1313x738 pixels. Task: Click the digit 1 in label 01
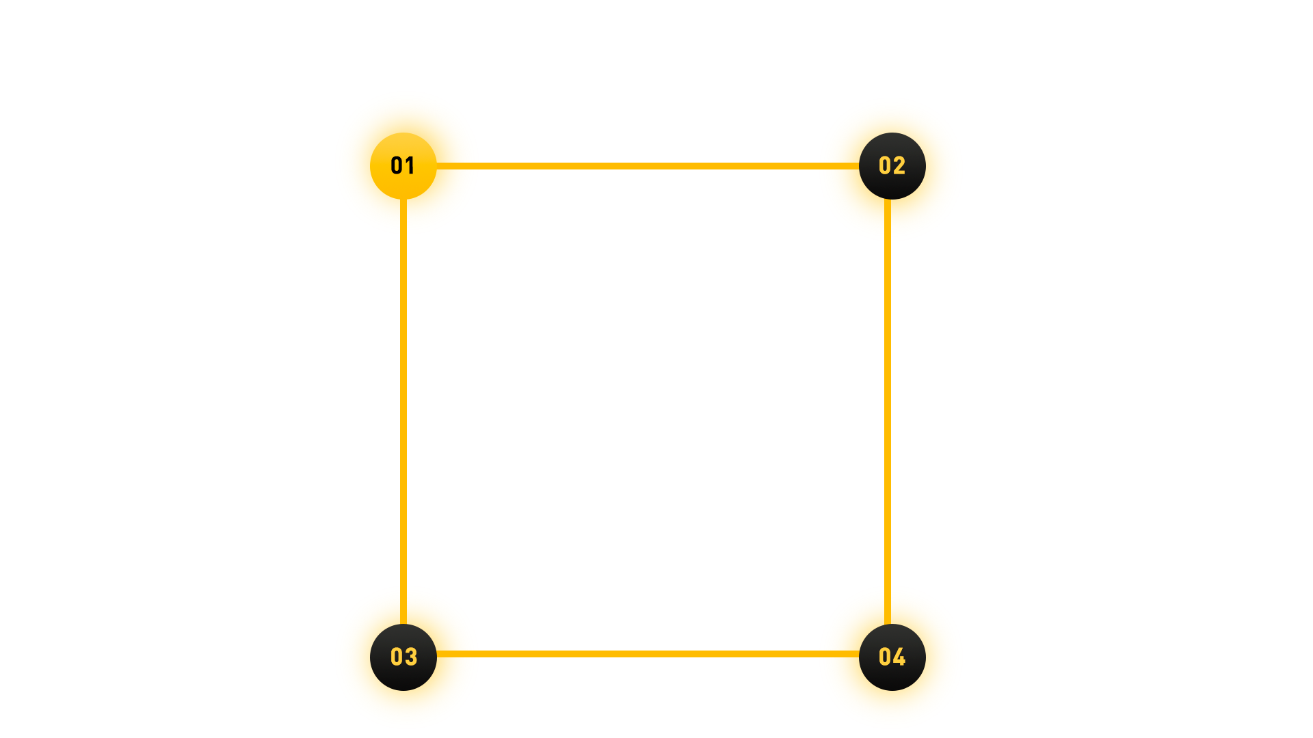[410, 165]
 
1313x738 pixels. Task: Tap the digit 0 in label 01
[397, 165]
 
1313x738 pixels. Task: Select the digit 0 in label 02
[885, 165]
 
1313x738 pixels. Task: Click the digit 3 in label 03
[411, 657]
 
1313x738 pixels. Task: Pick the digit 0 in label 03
[397, 657]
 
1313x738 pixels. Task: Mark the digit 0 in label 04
[885, 657]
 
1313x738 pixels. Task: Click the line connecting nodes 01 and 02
[648, 165]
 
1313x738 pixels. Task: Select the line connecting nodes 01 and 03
[403, 410]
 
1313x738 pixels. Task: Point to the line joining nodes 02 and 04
[888, 410]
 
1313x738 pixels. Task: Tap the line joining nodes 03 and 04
[648, 654]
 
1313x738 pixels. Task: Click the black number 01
[403, 165]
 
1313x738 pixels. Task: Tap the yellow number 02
[892, 165]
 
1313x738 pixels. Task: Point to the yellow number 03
[403, 657]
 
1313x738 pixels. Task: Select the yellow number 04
[892, 657]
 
